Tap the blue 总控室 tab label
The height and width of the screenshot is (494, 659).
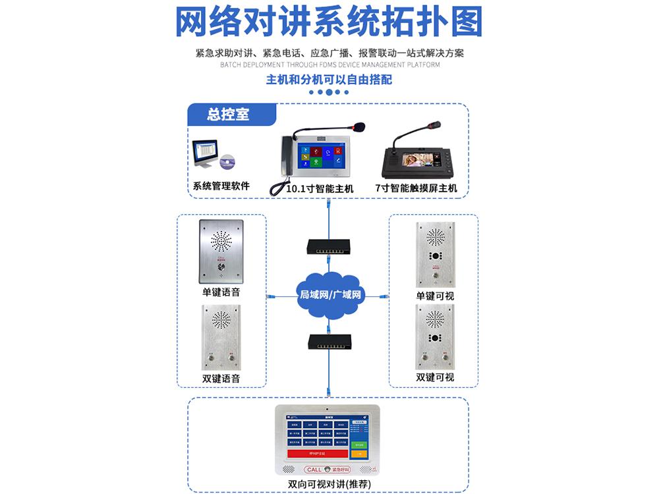(228, 114)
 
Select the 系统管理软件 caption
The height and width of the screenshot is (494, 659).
(221, 186)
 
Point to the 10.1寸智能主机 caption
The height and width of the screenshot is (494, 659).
(320, 188)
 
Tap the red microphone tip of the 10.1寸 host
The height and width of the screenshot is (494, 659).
(360, 124)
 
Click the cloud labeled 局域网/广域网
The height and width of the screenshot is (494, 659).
(329, 294)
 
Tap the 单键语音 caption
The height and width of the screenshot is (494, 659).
(221, 292)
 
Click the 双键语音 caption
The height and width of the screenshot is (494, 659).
(221, 378)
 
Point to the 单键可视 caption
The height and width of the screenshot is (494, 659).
(435, 296)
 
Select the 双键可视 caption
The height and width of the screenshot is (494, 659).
(435, 377)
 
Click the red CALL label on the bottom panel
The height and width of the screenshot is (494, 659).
(314, 470)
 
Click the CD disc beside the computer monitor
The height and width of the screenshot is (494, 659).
(227, 161)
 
